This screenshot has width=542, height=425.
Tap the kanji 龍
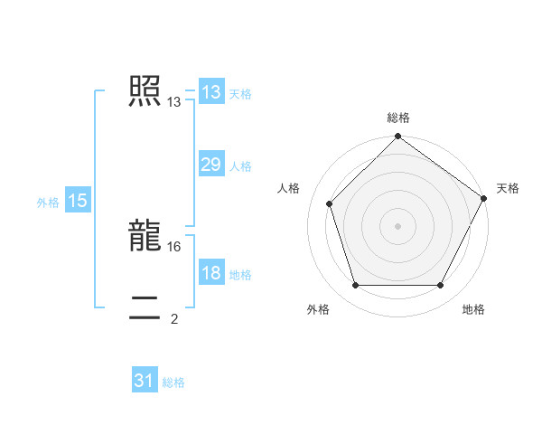point(145,235)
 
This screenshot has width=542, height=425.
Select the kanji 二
point(145,307)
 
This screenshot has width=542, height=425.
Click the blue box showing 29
point(210,165)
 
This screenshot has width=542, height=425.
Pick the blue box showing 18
point(210,273)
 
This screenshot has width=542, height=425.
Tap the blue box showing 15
point(78,201)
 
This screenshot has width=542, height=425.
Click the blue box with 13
point(210,92)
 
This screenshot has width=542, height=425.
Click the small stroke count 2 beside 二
point(174,318)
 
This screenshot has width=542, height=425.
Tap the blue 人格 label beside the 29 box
point(240,166)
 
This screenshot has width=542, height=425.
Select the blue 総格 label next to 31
point(173,382)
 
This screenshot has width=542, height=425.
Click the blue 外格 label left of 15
point(48,203)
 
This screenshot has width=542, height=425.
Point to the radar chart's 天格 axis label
point(508,188)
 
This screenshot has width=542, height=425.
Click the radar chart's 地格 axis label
point(473,309)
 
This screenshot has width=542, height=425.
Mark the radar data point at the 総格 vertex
point(397,137)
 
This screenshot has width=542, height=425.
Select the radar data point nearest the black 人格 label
point(330,203)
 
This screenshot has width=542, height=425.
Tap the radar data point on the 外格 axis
point(355,286)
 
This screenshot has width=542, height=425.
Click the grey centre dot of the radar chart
point(397,225)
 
